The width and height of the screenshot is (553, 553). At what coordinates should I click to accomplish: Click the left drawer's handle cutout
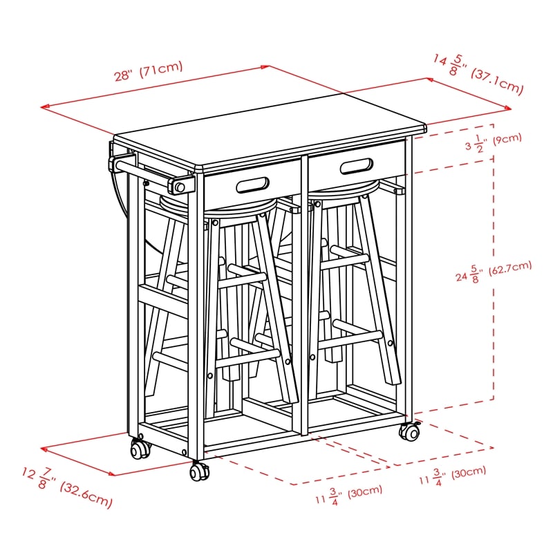click(253, 185)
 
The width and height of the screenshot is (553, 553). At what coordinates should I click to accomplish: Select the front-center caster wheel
click(199, 472)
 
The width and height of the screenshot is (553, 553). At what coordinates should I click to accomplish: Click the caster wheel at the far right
click(409, 432)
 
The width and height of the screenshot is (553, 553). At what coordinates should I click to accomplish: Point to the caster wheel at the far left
click(141, 449)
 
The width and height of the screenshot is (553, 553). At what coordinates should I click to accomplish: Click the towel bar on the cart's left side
click(145, 173)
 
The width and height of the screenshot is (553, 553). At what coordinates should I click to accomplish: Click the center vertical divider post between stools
click(303, 297)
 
